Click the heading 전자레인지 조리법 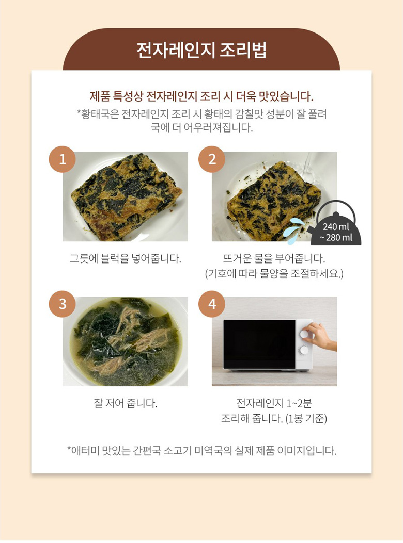pos(202,51)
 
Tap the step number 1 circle pos(63,159)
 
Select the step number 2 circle pos(212,159)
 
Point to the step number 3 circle pos(63,304)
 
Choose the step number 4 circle pos(212,304)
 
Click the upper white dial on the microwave pos(304,334)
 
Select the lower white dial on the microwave pos(304,350)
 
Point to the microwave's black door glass pos(259,344)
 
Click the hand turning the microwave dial pos(321,336)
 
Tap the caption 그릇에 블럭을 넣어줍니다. pos(126,258)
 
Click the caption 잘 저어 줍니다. pos(126,403)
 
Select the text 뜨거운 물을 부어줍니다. pos(274,258)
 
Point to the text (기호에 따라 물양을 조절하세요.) pos(274,274)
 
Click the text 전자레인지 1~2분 pos(274,403)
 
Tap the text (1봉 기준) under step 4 pos(306,419)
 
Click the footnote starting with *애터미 pos(202,451)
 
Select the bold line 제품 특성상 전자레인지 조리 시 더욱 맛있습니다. pos(202,96)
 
